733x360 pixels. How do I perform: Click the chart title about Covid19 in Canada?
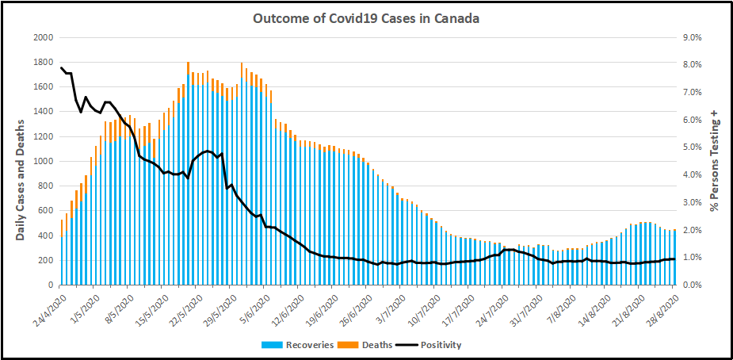(x=365, y=18)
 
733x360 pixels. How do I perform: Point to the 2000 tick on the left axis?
(x=43, y=37)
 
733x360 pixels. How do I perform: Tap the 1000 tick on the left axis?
(x=43, y=161)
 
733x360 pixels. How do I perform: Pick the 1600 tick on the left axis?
(x=43, y=86)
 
